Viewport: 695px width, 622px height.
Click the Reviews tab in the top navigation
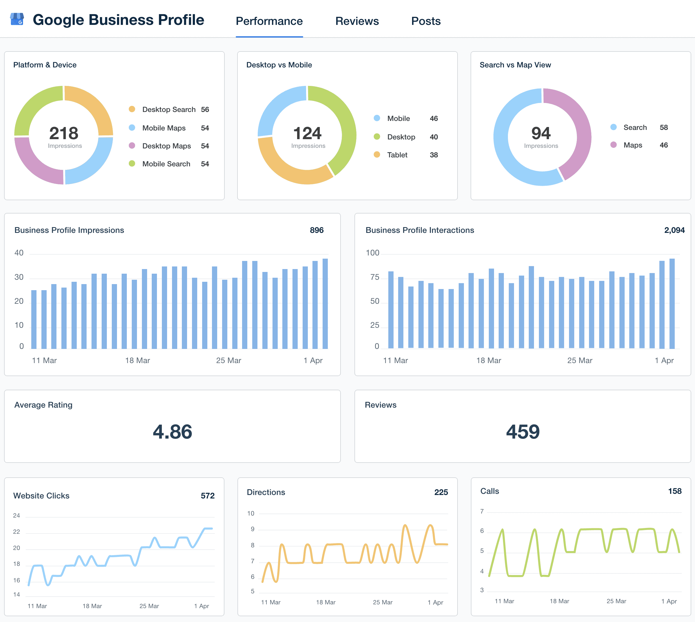pyautogui.click(x=357, y=21)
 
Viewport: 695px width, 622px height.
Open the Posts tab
pyautogui.click(x=425, y=21)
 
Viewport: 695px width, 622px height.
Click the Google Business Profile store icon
pyautogui.click(x=17, y=19)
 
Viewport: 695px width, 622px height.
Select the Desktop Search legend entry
pyautogui.click(x=169, y=109)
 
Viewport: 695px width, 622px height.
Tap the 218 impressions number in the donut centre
pyautogui.click(x=64, y=133)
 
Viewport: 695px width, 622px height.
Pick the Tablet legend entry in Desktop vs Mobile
pyautogui.click(x=397, y=155)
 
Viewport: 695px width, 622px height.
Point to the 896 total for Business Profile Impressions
pyautogui.click(x=317, y=230)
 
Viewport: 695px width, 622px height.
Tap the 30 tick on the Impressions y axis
pyautogui.click(x=19, y=277)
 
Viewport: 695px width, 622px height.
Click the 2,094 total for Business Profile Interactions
pyautogui.click(x=674, y=230)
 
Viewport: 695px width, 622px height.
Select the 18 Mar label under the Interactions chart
pyautogui.click(x=489, y=360)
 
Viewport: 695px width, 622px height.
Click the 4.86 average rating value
pyautogui.click(x=172, y=432)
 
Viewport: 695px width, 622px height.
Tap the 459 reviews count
pyautogui.click(x=523, y=432)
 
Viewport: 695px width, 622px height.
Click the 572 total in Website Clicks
pyautogui.click(x=207, y=496)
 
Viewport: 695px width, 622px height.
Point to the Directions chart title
pyautogui.click(x=266, y=492)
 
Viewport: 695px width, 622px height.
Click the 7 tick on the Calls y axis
pyautogui.click(x=482, y=511)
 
